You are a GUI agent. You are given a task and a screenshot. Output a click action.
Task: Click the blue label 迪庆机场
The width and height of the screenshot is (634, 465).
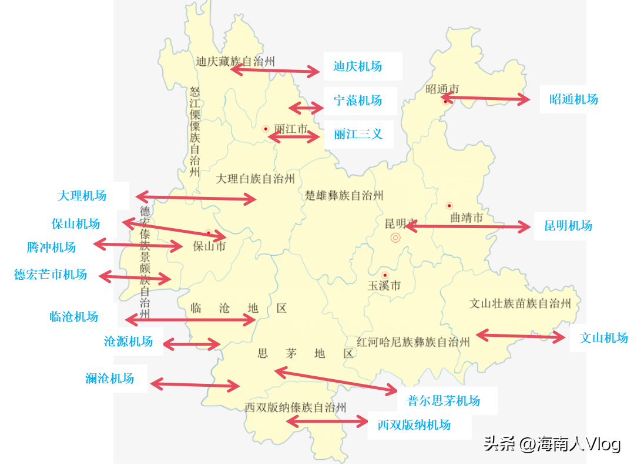(357, 66)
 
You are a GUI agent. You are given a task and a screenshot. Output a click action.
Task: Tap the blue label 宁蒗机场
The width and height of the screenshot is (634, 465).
(357, 101)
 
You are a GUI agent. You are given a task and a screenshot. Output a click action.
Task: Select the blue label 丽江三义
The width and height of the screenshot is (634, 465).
(357, 134)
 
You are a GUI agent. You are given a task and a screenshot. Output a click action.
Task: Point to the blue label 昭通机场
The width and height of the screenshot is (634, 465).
(573, 99)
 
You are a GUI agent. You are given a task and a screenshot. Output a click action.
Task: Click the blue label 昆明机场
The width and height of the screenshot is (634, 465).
(568, 226)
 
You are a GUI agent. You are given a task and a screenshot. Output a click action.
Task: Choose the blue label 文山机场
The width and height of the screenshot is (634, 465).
(603, 338)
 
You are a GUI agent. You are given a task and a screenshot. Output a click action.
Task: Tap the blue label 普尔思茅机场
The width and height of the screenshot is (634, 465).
(444, 401)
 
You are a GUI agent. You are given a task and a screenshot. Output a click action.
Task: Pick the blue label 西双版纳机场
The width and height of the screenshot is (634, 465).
(414, 425)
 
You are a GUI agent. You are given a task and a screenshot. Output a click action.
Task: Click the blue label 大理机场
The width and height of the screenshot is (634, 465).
(82, 196)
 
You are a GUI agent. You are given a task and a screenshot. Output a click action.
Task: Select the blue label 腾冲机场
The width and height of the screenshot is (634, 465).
(51, 247)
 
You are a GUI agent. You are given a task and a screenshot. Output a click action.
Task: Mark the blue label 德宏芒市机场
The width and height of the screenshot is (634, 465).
(51, 275)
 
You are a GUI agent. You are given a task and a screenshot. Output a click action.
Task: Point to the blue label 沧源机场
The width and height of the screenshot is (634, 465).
(128, 342)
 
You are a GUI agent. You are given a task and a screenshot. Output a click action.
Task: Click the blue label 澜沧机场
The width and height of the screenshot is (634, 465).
(109, 379)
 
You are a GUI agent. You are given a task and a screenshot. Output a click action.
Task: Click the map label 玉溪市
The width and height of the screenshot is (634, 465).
(384, 286)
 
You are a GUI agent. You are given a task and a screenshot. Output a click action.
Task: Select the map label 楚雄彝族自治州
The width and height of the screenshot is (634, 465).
(344, 196)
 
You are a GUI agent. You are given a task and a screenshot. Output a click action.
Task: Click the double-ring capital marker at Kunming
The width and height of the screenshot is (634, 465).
(395, 238)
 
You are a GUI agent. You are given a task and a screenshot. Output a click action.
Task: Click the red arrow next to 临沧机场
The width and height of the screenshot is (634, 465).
(190, 320)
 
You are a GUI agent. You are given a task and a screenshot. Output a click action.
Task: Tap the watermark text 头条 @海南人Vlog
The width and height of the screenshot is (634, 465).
(552, 444)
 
